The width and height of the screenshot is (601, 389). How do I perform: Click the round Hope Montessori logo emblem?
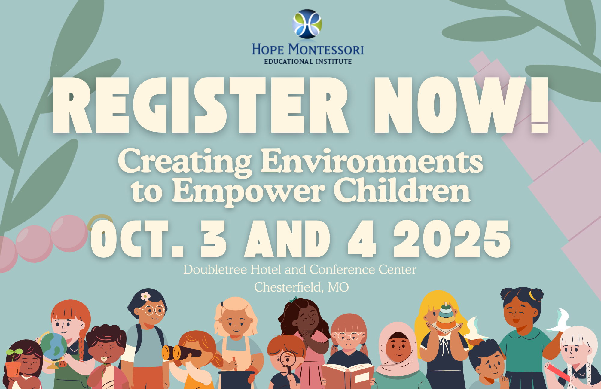pos(307,24)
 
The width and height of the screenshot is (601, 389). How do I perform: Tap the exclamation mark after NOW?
pos(540,105)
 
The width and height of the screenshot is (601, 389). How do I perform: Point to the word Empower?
pos(248,191)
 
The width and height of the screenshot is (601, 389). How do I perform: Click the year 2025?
pos(452,239)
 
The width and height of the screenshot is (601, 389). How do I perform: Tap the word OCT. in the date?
pos(137,239)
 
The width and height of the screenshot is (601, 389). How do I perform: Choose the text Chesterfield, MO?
pos(301,287)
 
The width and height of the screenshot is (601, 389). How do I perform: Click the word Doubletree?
pos(215,269)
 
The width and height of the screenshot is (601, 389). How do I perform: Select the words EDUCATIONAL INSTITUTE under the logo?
pos(308,61)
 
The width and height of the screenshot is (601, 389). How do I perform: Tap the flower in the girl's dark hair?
pos(145,296)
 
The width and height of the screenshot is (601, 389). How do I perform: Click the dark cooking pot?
pos(236,380)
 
